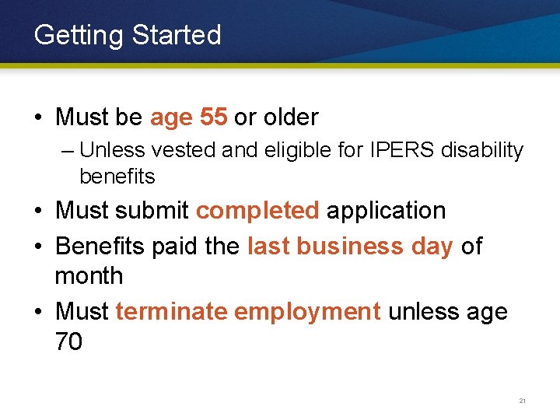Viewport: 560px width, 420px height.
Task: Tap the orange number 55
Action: point(213,117)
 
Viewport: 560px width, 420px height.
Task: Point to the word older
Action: point(291,117)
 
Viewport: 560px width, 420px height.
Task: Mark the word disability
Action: point(482,149)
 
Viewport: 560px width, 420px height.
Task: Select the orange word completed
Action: point(257,211)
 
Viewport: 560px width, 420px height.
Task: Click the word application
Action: point(386,211)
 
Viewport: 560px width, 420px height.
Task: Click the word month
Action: point(89,276)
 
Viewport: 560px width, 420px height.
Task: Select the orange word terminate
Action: point(171,312)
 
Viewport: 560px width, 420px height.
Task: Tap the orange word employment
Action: point(307,312)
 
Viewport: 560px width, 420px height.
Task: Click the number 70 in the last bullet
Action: point(68,341)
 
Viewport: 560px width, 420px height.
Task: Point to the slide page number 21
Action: point(522,401)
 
